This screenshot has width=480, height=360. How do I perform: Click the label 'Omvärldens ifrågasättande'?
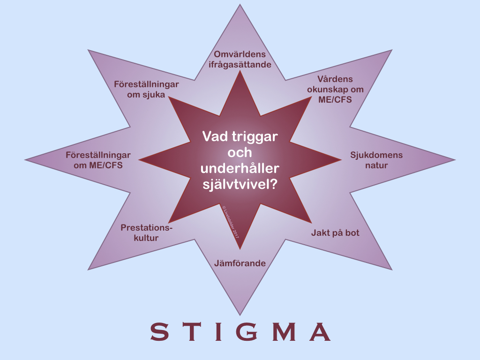tap(240, 60)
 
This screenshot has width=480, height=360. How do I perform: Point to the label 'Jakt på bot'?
tap(335, 232)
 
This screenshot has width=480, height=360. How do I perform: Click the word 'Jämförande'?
tap(240, 263)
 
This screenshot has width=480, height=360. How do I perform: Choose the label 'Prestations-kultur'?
tap(146, 232)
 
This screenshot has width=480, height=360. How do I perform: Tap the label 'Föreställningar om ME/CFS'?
tap(98, 160)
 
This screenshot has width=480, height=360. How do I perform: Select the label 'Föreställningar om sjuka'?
tap(146, 89)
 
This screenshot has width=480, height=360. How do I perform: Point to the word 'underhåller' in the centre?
tap(240, 169)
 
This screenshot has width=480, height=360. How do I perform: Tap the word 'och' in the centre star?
tap(240, 153)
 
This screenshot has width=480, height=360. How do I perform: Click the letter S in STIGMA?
tap(159, 332)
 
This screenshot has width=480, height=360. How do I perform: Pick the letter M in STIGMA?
tap(284, 332)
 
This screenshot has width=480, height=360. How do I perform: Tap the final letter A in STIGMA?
tap(320, 332)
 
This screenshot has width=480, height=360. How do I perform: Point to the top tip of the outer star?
tap(240, 6)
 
